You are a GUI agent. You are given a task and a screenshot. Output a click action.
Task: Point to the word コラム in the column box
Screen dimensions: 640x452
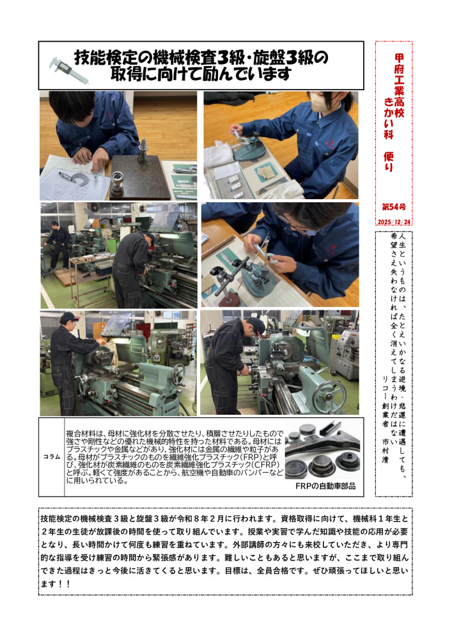click(x=52, y=457)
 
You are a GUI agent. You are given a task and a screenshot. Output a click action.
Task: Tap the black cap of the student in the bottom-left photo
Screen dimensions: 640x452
click(x=68, y=317)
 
